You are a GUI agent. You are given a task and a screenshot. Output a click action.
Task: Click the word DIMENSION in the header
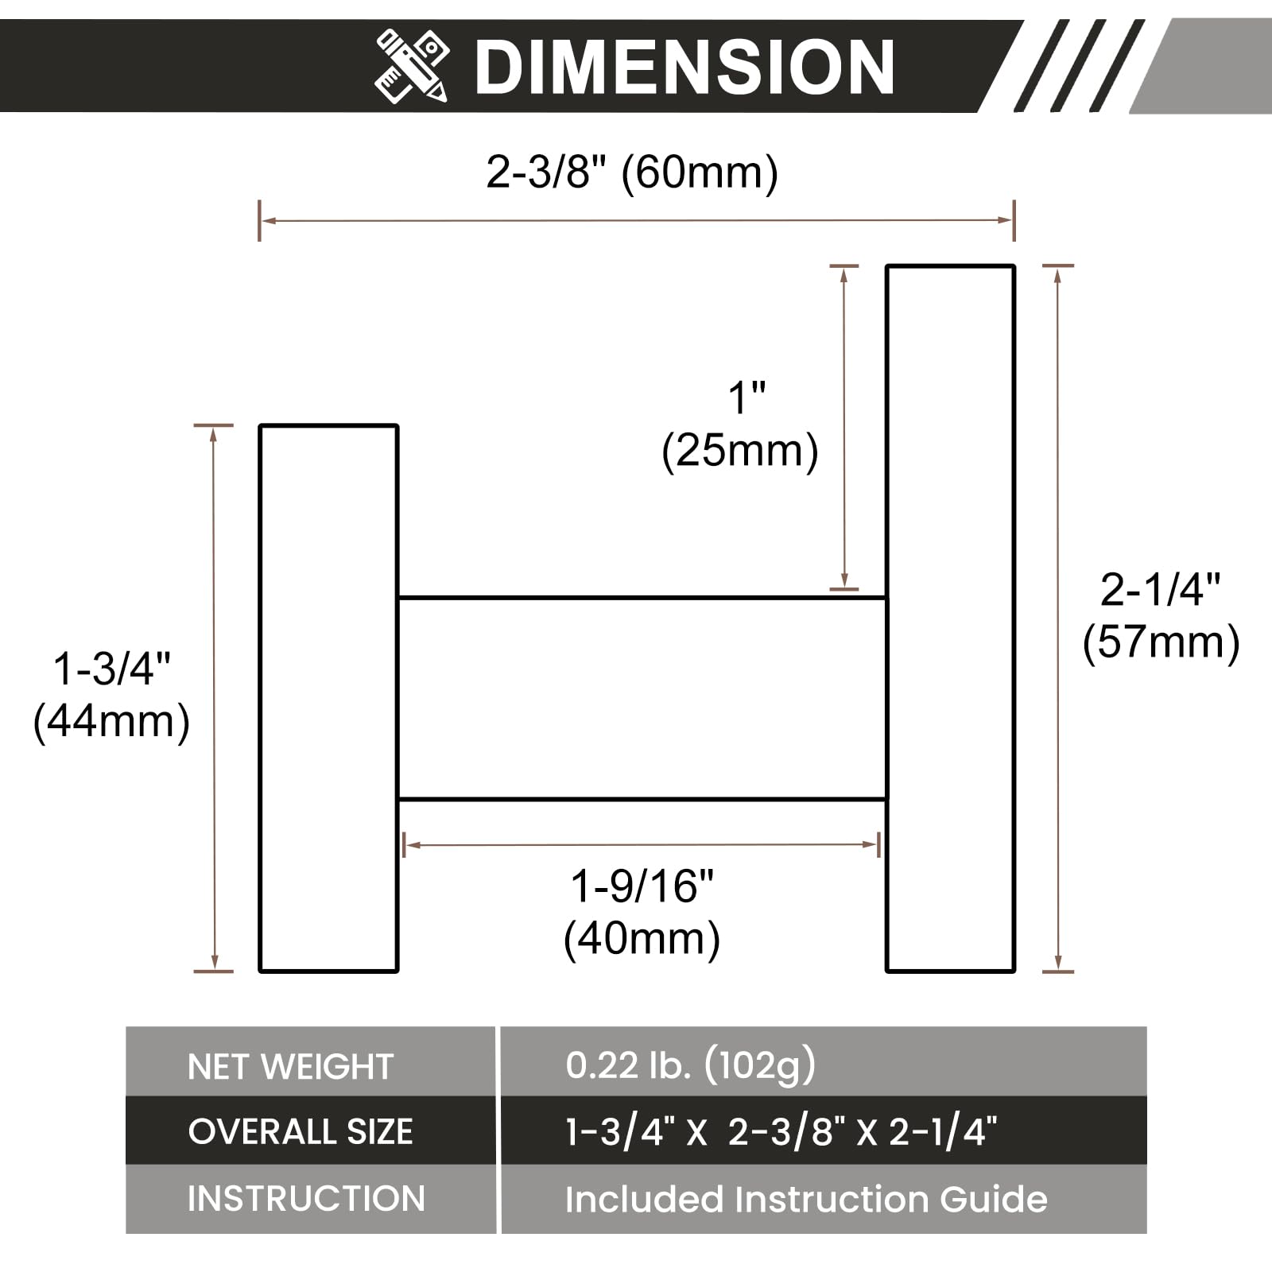(684, 68)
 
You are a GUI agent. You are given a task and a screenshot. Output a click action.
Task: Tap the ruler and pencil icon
(412, 66)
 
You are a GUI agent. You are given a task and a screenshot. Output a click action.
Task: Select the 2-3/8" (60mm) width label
(632, 172)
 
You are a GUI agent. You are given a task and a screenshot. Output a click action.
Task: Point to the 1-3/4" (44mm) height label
(111, 694)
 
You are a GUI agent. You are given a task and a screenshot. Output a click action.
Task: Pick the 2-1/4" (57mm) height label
(1161, 615)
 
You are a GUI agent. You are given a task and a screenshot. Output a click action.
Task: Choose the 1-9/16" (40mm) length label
(642, 912)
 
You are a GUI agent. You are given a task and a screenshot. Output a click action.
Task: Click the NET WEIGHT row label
(290, 1066)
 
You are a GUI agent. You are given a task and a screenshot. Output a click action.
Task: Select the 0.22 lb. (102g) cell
(690, 1065)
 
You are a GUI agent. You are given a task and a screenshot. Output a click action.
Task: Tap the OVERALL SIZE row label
(301, 1131)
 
